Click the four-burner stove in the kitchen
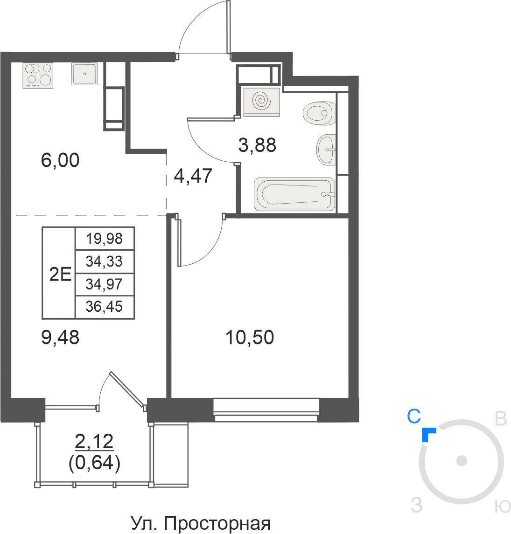tap(38, 75)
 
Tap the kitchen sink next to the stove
tap(84, 74)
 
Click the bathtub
tap(294, 194)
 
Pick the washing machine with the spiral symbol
tap(262, 102)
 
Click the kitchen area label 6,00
tap(60, 160)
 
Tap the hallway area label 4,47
tap(193, 176)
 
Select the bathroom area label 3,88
tap(257, 145)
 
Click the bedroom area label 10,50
tap(250, 337)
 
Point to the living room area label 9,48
tap(60, 337)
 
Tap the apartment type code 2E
tap(60, 274)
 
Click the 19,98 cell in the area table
tap(105, 239)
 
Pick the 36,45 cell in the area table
tap(105, 307)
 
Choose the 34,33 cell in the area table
tap(105, 261)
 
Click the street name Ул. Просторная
tap(201, 523)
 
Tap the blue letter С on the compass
tap(414, 416)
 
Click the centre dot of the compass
tap(462, 461)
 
